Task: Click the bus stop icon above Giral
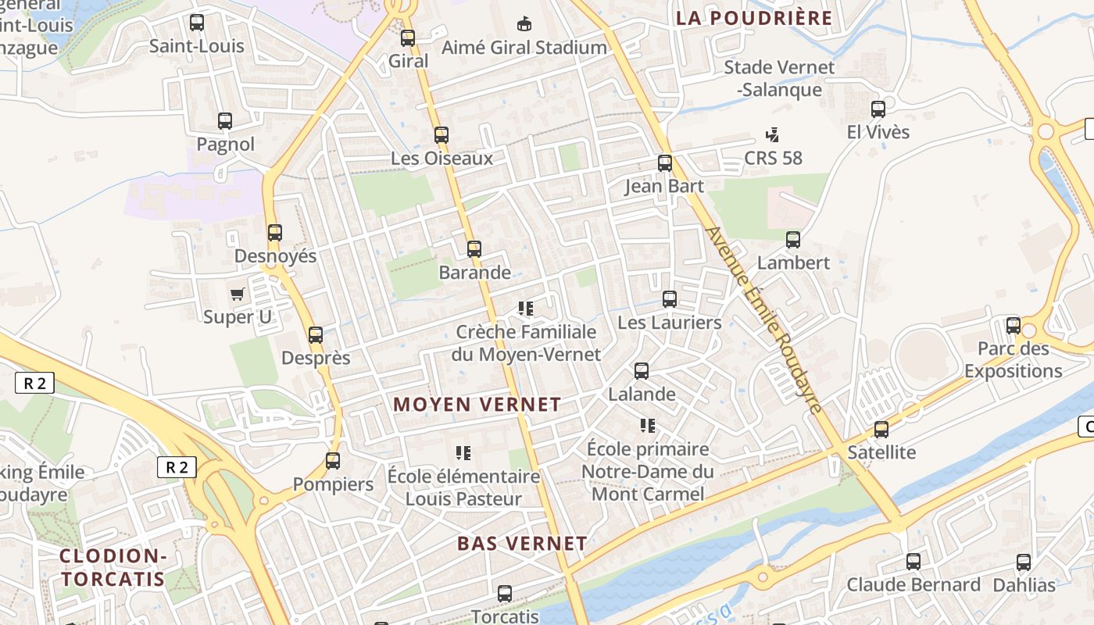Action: [408, 37]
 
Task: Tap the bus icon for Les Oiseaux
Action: [442, 134]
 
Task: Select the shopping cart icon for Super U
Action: [238, 294]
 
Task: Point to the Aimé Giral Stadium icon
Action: [524, 23]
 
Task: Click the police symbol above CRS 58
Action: [773, 134]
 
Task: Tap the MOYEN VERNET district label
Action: [477, 404]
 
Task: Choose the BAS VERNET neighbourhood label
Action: [522, 543]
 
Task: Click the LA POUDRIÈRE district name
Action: [754, 18]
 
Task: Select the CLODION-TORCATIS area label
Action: [113, 567]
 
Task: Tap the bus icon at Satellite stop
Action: [881, 429]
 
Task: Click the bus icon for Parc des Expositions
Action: [1014, 325]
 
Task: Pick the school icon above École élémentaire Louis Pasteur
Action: [463, 452]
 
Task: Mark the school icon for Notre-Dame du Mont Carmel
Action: [648, 425]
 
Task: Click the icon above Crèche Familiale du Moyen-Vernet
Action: [527, 309]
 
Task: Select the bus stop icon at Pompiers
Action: [333, 460]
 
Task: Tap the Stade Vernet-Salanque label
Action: [779, 78]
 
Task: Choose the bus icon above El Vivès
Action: [878, 109]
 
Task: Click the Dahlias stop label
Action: [1024, 584]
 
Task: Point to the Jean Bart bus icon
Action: [665, 162]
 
